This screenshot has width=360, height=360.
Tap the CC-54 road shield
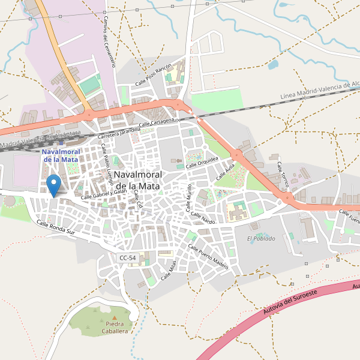tap(128, 257)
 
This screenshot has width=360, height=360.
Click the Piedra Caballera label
tap(114, 328)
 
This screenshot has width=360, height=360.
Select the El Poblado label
tap(261, 238)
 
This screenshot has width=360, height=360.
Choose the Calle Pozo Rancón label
tap(153, 74)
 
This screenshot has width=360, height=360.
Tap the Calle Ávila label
tap(225, 175)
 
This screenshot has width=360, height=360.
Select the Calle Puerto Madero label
tap(209, 256)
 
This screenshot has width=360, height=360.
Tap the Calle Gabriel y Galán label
tap(104, 191)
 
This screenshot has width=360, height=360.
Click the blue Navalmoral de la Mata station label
tap(61, 155)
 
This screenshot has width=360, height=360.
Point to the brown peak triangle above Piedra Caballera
tap(114, 317)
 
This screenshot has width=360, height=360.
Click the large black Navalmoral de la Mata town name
tap(137, 180)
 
